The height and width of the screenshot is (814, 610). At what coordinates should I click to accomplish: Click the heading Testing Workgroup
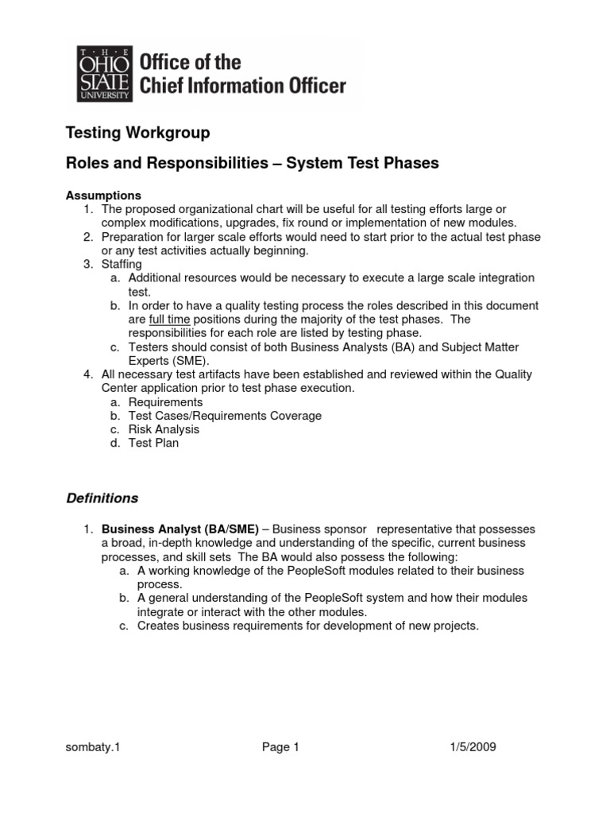[x=137, y=134]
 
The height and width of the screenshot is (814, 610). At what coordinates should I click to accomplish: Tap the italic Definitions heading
[x=101, y=498]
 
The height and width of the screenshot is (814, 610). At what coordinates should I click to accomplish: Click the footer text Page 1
[x=280, y=746]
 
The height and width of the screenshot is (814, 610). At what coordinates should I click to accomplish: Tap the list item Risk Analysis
[x=164, y=429]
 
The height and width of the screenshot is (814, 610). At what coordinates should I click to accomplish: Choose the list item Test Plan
[x=153, y=443]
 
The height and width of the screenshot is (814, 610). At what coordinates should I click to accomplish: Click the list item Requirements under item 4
[x=165, y=402]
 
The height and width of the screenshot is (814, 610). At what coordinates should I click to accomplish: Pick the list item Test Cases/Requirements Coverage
[x=225, y=416]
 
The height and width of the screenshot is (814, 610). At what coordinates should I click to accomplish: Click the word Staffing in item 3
[x=122, y=264]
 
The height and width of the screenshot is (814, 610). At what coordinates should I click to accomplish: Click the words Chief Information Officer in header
[x=243, y=86]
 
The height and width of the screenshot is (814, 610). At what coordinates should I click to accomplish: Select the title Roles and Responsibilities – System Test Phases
[x=252, y=163]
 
